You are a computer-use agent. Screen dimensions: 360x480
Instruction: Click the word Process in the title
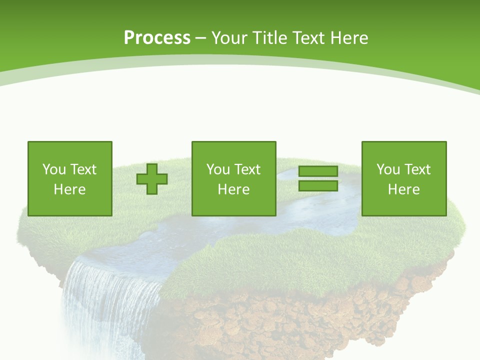point(157,38)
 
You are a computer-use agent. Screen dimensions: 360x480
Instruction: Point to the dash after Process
point(200,38)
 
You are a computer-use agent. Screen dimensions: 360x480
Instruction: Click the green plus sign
point(152,179)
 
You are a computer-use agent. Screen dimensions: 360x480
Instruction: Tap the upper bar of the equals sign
point(318,171)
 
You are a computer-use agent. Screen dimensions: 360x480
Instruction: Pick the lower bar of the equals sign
point(318,185)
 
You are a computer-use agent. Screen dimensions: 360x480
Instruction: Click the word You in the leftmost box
point(54,169)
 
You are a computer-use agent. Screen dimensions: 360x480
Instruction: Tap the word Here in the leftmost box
point(69,189)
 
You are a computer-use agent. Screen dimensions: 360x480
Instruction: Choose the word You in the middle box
point(218,169)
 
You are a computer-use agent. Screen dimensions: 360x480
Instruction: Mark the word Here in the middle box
point(233,189)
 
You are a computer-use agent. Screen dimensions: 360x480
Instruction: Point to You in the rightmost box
point(388,169)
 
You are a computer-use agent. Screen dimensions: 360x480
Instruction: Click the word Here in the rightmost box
point(403,189)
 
